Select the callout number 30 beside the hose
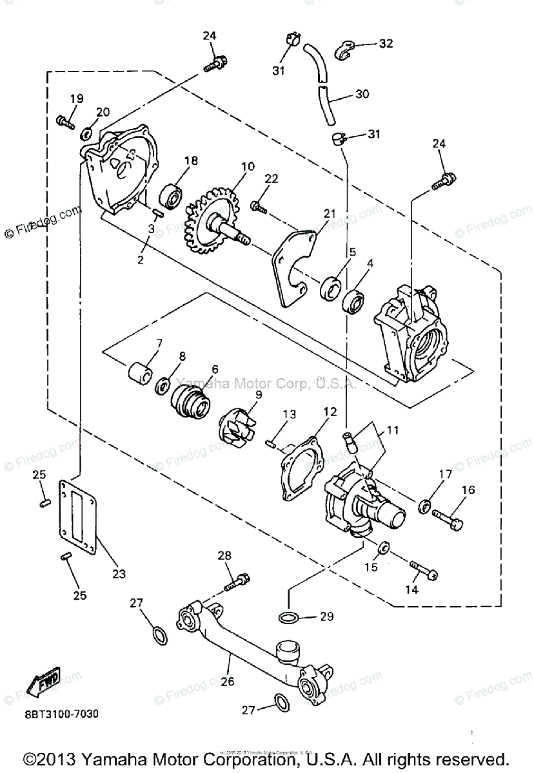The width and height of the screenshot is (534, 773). click(x=362, y=93)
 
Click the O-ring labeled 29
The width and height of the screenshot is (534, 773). click(x=289, y=617)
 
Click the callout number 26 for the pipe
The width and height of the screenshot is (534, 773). click(x=226, y=681)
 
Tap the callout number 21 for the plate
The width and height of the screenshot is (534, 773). click(x=330, y=213)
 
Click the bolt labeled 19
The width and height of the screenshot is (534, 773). click(x=65, y=120)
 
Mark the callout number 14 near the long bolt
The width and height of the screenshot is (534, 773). click(x=411, y=589)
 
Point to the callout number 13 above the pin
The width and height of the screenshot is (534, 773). click(x=288, y=413)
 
